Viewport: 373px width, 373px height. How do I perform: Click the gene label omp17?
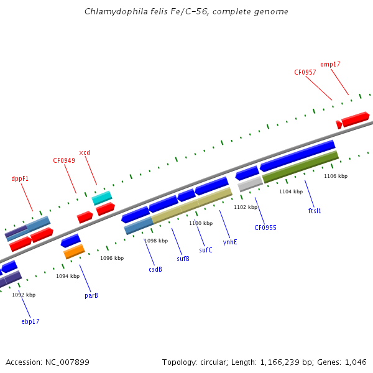[x=330, y=64]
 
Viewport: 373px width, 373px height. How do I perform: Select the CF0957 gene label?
[x=305, y=72]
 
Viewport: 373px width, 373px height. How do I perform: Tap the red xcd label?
[x=85, y=152]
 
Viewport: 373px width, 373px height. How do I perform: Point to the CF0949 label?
[x=64, y=160]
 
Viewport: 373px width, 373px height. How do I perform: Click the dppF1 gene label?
[x=20, y=178]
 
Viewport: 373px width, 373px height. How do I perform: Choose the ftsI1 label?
[x=315, y=211]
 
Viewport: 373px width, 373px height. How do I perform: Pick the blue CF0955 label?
[x=265, y=228]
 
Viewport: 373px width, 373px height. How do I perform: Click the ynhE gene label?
[x=230, y=242]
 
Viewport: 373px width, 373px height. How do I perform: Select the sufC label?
[x=206, y=250]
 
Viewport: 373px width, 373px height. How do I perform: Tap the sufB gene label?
[x=183, y=259]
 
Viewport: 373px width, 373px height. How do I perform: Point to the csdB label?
[x=155, y=269]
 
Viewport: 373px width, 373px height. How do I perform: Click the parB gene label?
[x=91, y=295]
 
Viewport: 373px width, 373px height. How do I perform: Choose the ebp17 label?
[x=30, y=321]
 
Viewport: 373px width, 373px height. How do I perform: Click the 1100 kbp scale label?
[x=201, y=223]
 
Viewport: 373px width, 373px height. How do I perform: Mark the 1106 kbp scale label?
[x=336, y=176]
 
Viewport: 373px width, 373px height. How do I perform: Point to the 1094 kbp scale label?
[x=68, y=276]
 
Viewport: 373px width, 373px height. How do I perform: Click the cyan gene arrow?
[x=102, y=198]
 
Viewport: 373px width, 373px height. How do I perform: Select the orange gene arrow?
[x=74, y=251]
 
